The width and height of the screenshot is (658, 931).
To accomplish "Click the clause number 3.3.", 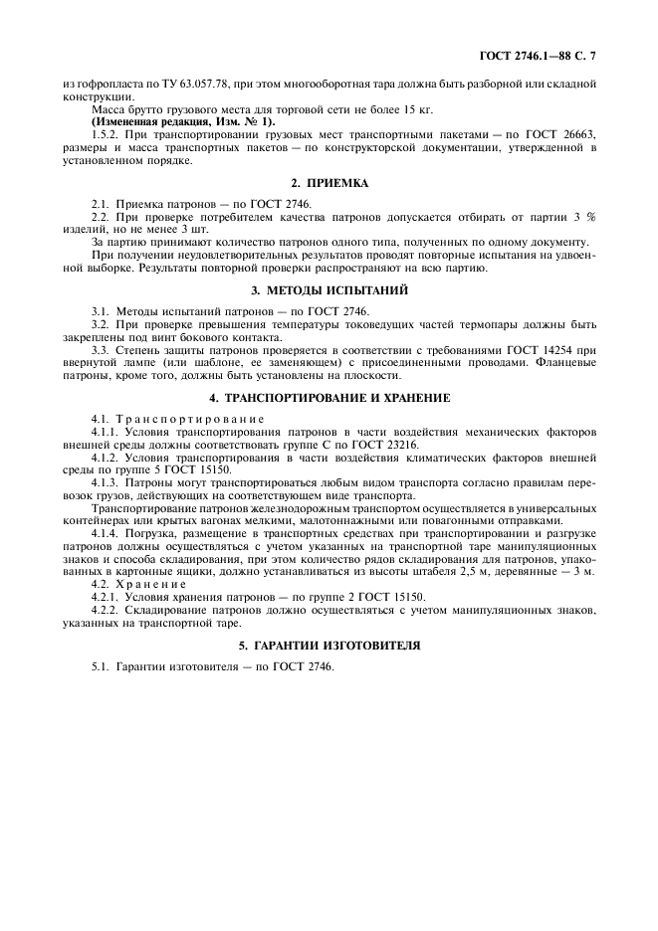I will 102,348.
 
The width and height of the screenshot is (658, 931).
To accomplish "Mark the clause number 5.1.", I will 102,667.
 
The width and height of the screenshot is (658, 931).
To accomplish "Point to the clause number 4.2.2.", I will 107,612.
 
